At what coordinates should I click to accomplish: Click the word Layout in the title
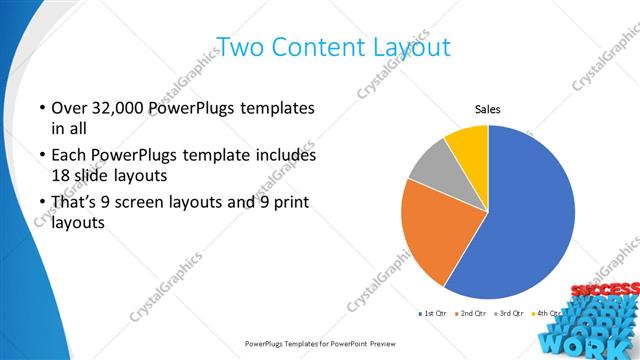405,47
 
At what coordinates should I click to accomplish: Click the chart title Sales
487,109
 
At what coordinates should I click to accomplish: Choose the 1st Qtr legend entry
433,314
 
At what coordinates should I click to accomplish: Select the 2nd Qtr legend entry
471,314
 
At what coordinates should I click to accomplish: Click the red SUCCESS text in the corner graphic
602,291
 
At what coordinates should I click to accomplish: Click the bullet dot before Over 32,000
42,108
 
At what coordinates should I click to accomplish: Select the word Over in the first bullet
67,108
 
